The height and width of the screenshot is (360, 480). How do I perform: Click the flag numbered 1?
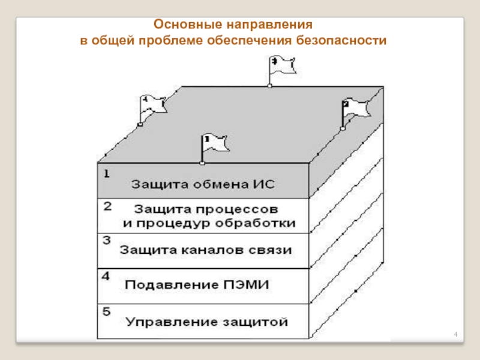click(x=215, y=143)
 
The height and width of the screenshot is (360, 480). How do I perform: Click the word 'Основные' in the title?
click(x=187, y=26)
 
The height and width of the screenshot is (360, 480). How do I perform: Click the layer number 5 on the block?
click(x=106, y=312)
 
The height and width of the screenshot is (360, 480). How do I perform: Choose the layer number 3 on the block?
click(x=106, y=241)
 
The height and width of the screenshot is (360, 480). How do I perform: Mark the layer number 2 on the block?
click(x=107, y=206)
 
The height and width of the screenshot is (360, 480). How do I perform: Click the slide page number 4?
click(x=455, y=334)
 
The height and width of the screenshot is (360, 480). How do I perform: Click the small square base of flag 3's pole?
click(x=269, y=86)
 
